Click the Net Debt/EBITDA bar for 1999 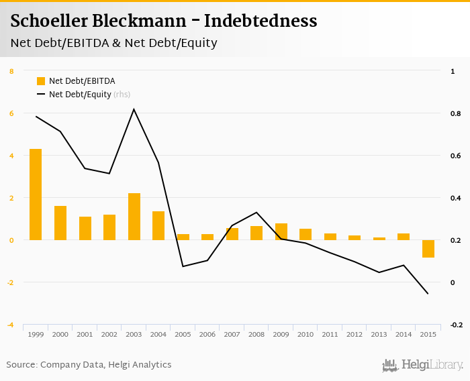pos(36,195)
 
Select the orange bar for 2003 pos(134,217)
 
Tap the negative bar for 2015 pos(428,249)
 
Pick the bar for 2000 pos(60,223)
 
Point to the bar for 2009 pos(281,231)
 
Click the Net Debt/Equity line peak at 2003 pos(134,109)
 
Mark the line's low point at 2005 pos(183,266)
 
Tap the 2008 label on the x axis pos(256,334)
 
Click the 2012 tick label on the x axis pos(355,334)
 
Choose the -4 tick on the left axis pos(10,325)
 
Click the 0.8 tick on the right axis pos(455,113)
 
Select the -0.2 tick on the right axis pos(456,325)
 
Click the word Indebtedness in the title pos(261,21)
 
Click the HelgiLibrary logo pos(422,366)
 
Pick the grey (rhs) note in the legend pos(122,95)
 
